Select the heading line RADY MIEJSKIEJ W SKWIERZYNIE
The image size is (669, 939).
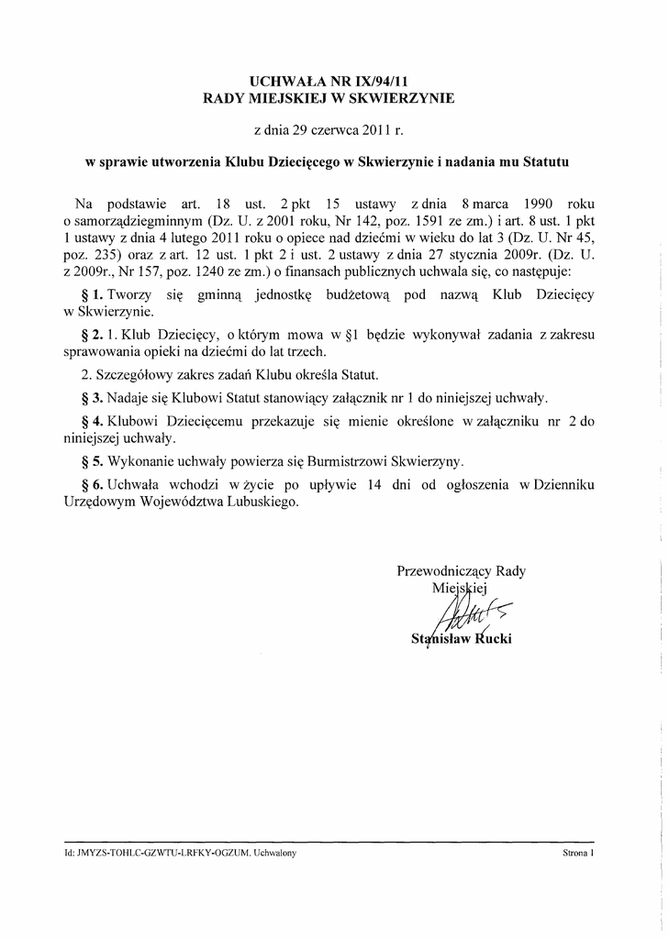click(328, 97)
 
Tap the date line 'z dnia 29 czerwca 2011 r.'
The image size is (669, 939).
click(328, 131)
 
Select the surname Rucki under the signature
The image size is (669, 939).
click(491, 638)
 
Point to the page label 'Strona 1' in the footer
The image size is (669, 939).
click(579, 853)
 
